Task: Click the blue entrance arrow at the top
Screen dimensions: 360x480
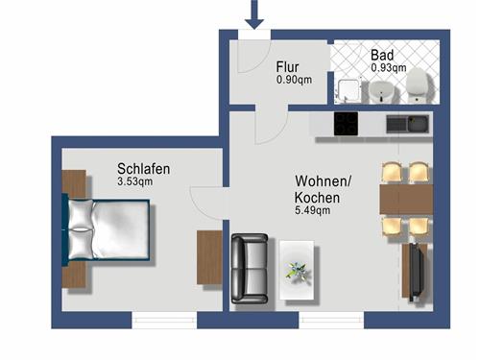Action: tap(254, 14)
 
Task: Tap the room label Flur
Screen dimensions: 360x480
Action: tap(288, 67)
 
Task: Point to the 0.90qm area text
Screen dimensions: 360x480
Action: tap(294, 81)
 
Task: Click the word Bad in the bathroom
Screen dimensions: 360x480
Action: tap(381, 56)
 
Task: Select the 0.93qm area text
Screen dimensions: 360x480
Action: tap(388, 68)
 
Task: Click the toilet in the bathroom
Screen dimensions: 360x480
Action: tap(418, 88)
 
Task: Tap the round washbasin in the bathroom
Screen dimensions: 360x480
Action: tap(382, 90)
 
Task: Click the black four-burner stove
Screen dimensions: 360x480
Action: tap(346, 124)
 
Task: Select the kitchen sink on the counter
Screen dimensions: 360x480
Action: tap(409, 124)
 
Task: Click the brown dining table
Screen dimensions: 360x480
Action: tap(403, 200)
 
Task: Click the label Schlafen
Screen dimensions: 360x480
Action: tap(144, 169)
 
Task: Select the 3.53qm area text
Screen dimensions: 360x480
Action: tap(134, 181)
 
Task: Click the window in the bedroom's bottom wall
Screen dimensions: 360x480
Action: tap(165, 320)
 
